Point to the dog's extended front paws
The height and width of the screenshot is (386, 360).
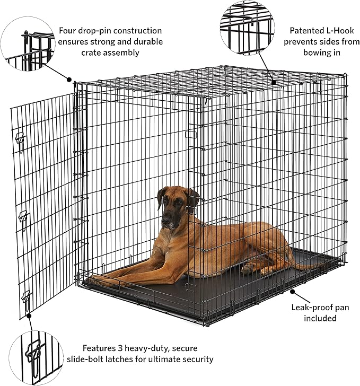coord(101,277)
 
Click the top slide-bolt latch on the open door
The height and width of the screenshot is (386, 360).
coord(20,139)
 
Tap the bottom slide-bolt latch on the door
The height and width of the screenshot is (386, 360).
coord(26,299)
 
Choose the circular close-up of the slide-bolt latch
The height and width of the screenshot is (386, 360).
coord(36,354)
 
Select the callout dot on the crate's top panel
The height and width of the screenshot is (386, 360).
coord(274,82)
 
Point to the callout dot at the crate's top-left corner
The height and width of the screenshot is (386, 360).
coord(68,80)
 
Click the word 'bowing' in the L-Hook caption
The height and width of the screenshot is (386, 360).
coord(319,53)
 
